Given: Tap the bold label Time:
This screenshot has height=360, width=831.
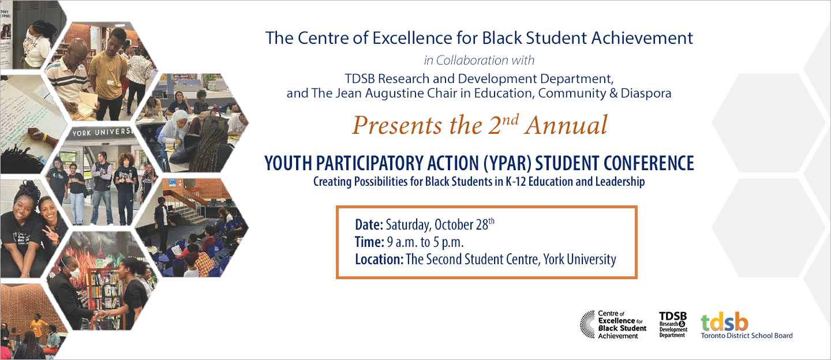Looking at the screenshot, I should click(x=369, y=242).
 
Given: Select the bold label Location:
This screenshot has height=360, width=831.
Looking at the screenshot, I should click(x=379, y=259).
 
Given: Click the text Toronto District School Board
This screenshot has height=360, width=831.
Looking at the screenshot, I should click(x=747, y=335).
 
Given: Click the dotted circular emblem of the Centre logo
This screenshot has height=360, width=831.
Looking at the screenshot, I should click(x=587, y=324).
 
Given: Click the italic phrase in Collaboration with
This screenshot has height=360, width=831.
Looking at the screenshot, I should click(x=479, y=60).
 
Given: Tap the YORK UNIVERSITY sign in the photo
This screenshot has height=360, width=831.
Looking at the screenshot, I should click(x=103, y=133).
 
